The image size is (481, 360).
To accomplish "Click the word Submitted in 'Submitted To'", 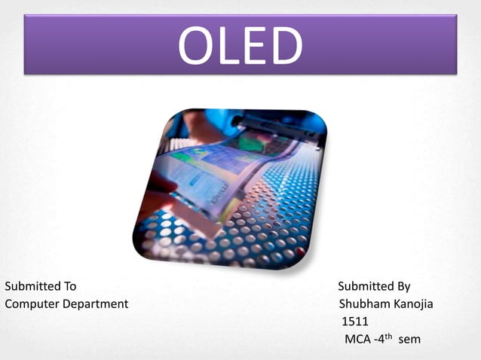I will pyautogui.click(x=31, y=286).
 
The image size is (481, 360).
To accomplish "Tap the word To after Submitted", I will pyautogui.click(x=69, y=286).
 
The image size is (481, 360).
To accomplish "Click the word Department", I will pyautogui.click(x=94, y=304).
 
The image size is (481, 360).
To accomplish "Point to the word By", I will pyautogui.click(x=403, y=287).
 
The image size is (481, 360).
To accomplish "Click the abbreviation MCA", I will pyautogui.click(x=357, y=340).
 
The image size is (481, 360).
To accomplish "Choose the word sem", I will pyautogui.click(x=409, y=340).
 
